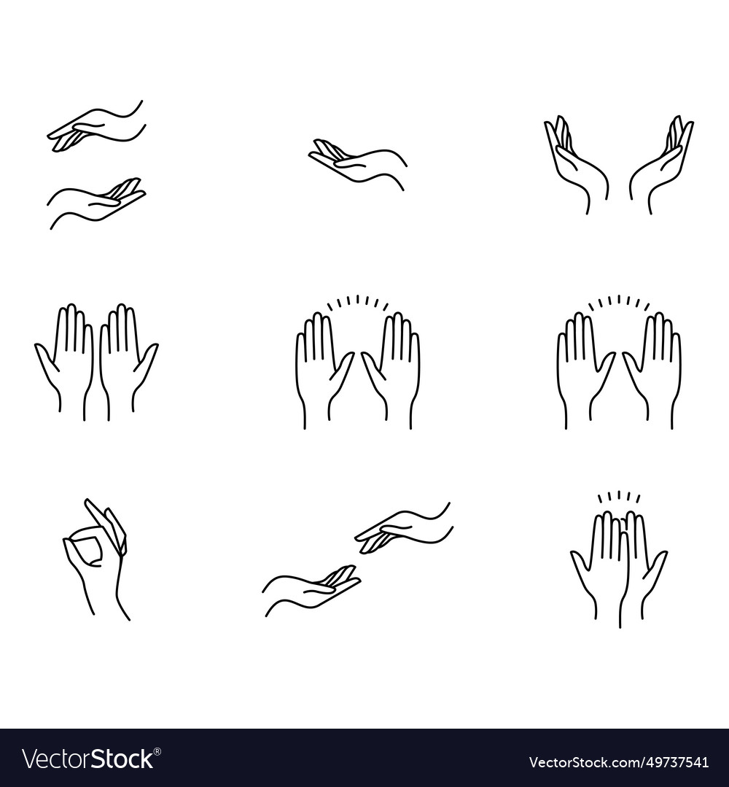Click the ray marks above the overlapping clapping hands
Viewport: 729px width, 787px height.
[x=619, y=497]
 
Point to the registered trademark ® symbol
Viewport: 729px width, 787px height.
[x=157, y=751]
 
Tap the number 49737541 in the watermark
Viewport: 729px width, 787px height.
[x=674, y=762]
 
